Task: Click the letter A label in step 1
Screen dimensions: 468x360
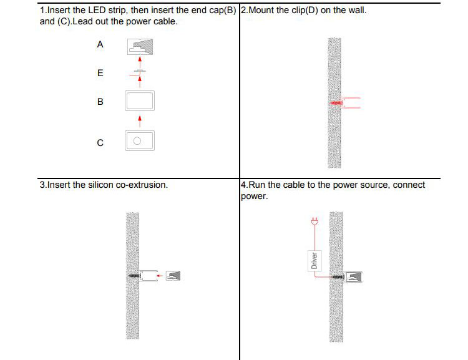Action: click(100, 44)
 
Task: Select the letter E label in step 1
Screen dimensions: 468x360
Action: click(100, 73)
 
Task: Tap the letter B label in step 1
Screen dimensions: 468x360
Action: click(100, 102)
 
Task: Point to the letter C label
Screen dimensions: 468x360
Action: click(100, 143)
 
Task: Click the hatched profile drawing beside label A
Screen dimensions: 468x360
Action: click(140, 47)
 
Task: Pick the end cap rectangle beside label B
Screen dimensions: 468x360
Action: click(140, 100)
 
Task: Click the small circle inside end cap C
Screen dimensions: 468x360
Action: click(137, 141)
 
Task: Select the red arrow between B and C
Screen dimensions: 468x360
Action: click(140, 122)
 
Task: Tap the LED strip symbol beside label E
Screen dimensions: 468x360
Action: click(140, 71)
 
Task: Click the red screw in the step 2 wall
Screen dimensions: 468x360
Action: click(336, 103)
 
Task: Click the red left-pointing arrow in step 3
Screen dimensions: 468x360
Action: click(160, 276)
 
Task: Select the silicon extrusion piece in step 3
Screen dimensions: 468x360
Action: click(173, 276)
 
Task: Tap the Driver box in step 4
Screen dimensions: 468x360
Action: click(314, 261)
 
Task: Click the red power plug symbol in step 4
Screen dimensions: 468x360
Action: click(314, 221)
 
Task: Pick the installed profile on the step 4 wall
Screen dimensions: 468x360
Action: click(352, 277)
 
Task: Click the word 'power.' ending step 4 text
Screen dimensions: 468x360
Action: click(255, 196)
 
